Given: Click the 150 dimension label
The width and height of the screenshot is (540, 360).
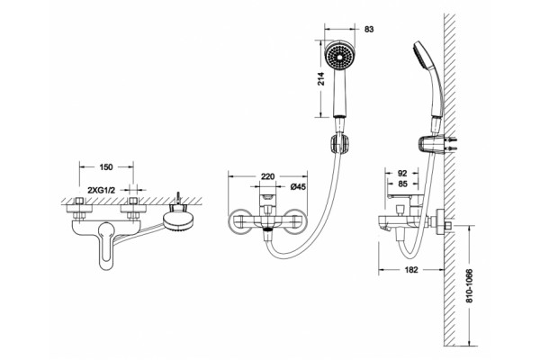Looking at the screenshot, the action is click(x=106, y=167).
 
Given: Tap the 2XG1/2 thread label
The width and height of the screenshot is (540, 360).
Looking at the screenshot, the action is click(x=101, y=190).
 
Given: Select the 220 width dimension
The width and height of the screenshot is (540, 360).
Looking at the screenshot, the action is click(x=267, y=176).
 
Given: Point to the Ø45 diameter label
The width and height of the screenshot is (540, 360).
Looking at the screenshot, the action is click(x=298, y=187).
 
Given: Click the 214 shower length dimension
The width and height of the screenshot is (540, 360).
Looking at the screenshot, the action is click(x=321, y=79).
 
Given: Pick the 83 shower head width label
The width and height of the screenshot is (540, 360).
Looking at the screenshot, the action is click(x=369, y=30).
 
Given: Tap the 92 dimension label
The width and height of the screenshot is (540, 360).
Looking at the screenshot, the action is click(x=402, y=174).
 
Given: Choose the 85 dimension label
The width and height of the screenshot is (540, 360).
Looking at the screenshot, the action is click(x=402, y=184).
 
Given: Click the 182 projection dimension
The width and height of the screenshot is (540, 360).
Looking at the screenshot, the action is click(x=411, y=270).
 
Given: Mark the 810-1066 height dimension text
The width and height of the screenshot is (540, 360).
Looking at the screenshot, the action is click(x=469, y=286).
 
